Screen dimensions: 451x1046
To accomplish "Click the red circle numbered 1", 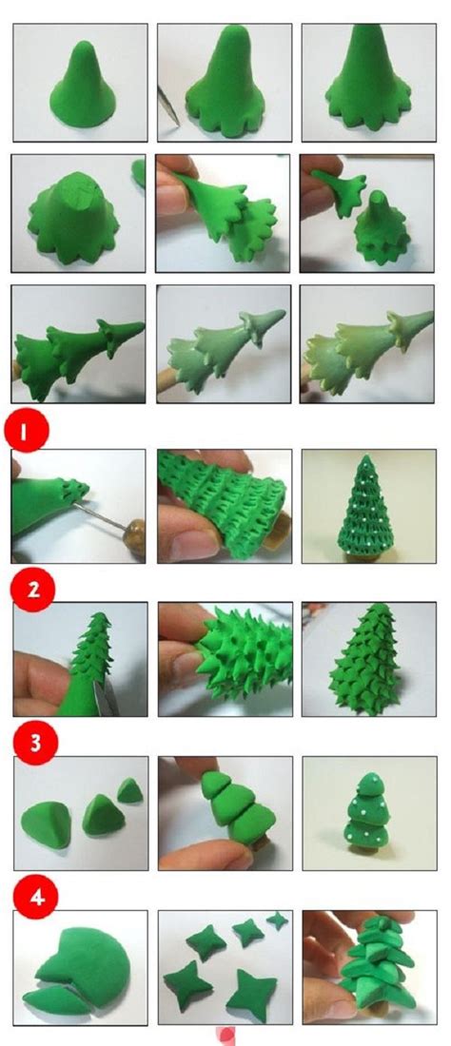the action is (x=25, y=432).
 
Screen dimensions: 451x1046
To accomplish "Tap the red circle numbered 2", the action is (x=32, y=589).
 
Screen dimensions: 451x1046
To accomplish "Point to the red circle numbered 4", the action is (x=36, y=897).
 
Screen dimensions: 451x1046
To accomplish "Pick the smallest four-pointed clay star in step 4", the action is (x=277, y=920).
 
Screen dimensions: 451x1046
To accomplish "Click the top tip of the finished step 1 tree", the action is (x=364, y=457).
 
